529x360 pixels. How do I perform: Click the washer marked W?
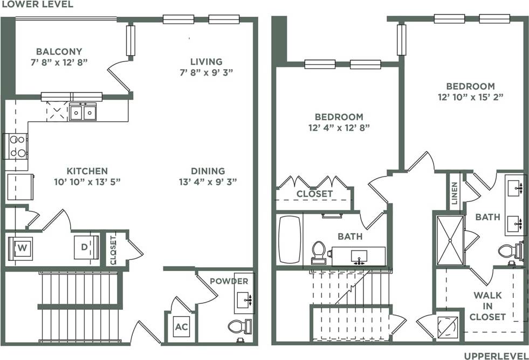[x=22, y=248]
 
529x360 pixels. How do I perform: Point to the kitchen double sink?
[x=82, y=113]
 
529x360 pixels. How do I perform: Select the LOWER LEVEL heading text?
[x=37, y=4]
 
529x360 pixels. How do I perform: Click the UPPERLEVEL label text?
[x=496, y=355]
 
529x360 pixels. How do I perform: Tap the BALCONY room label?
[x=59, y=52]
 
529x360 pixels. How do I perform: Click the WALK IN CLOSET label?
[x=487, y=306]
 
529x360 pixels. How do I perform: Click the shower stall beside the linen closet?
[x=450, y=240]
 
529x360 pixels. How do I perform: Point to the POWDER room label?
[x=229, y=281]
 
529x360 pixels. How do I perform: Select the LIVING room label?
[x=206, y=62]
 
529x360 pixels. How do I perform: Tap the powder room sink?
[x=245, y=297]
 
